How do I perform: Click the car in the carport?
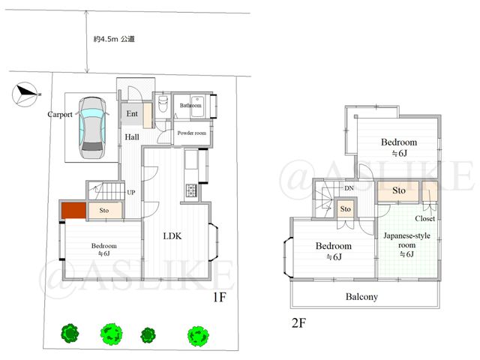pos(92,128)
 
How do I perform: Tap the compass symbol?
pos(25,94)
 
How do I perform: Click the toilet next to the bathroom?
pos(163,104)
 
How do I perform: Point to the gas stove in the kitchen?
pos(192,190)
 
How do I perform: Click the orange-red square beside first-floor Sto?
pos(73,211)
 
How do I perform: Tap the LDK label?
pos(172,236)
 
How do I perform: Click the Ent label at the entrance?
pos(132,114)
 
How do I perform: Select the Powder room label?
pos(192,133)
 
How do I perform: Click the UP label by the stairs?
pos(131,193)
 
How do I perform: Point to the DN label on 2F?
pos(349,188)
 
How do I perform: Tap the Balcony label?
pos(361,297)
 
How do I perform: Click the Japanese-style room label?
pos(406,240)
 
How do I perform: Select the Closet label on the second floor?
pos(425,218)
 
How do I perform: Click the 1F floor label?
pos(220,297)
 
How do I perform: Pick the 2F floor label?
pos(298,323)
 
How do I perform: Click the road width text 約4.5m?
pos(106,39)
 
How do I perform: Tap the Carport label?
pos(60,115)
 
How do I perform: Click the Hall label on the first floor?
pos(132,136)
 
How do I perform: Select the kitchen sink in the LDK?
pos(191,159)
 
